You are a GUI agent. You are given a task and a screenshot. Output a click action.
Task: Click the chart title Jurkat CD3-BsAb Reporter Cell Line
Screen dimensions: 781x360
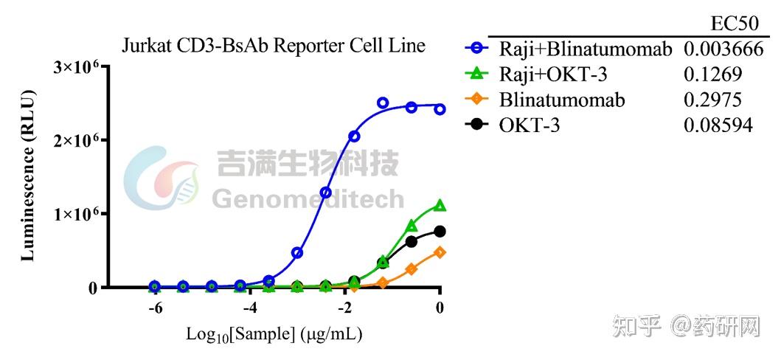tap(274, 46)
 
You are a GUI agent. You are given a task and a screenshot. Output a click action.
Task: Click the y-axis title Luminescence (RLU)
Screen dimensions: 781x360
tap(28, 176)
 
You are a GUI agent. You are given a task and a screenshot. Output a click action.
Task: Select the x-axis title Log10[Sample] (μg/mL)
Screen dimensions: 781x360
tap(274, 334)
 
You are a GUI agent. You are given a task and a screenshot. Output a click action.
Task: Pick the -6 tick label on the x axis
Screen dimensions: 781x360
tap(155, 308)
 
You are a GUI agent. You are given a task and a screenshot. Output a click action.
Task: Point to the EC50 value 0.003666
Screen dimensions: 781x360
tap(723, 49)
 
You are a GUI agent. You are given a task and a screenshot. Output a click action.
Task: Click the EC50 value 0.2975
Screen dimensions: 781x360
tap(712, 100)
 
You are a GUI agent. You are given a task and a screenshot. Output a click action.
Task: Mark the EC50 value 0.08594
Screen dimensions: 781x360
tap(718, 126)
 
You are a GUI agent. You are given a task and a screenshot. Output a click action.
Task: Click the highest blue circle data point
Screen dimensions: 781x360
tap(383, 103)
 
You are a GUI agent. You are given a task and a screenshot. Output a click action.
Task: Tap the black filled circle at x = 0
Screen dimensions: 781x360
tap(440, 232)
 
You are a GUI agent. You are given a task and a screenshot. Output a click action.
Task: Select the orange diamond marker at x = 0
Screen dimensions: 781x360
tap(440, 252)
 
